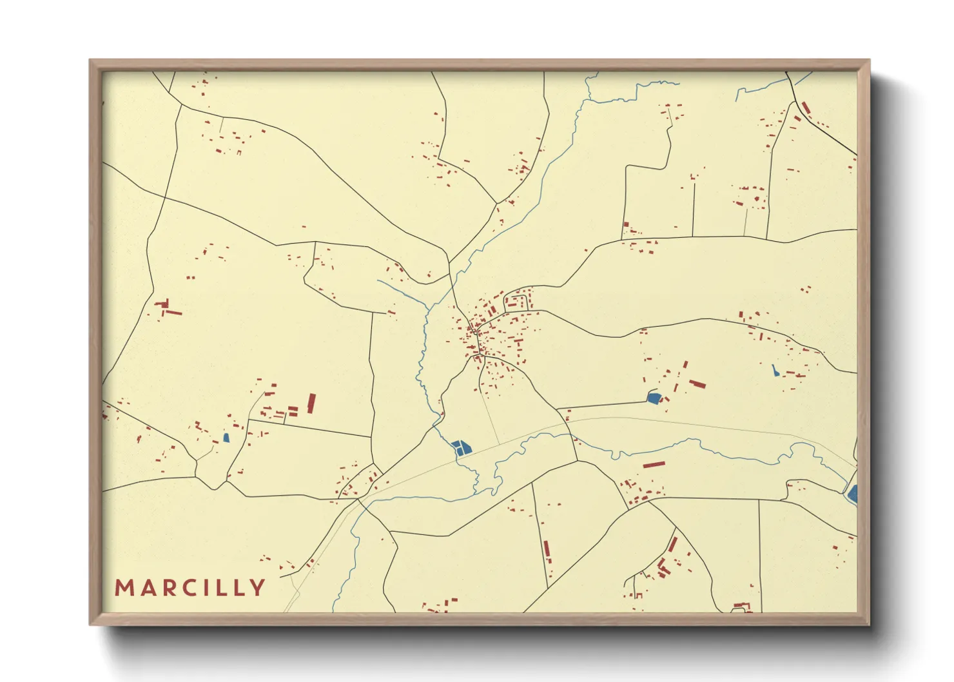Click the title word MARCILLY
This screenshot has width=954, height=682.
(x=190, y=587)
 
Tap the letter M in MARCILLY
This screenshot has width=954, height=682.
(x=123, y=587)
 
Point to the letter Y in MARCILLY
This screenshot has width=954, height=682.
(x=258, y=587)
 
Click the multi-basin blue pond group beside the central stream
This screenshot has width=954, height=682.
(x=462, y=447)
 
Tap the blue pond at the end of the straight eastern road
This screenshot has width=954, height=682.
(x=654, y=398)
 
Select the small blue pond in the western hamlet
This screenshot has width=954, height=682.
(x=226, y=438)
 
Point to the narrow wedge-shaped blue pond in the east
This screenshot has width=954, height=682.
(x=775, y=371)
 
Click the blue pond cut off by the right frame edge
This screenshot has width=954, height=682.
(x=853, y=494)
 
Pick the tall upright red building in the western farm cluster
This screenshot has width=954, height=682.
(x=311, y=403)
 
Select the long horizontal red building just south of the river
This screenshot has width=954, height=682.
(x=653, y=464)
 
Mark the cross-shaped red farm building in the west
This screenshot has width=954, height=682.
(x=165, y=304)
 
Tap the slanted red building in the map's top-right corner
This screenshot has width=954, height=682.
(x=806, y=108)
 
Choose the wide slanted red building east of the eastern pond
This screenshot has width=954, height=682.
(x=697, y=384)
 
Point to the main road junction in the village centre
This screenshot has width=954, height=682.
(x=476, y=333)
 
